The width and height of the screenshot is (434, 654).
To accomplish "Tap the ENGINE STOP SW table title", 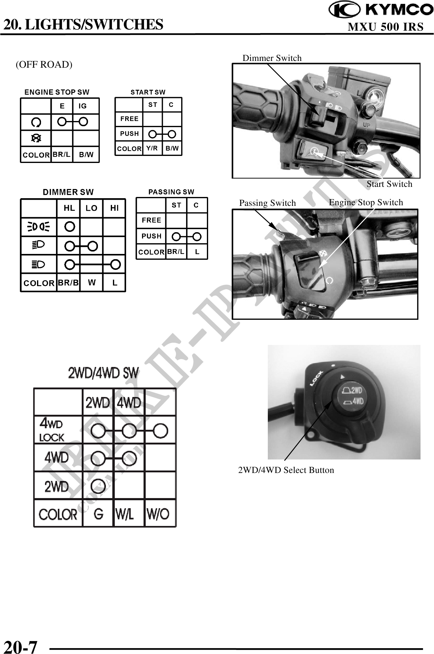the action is pyautogui.click(x=57, y=92).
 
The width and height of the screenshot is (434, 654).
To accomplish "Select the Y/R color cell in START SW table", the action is pyautogui.click(x=152, y=148).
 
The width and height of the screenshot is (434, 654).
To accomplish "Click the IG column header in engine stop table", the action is pyautogui.click(x=83, y=106).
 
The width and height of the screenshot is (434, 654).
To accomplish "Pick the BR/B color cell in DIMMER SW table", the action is pyautogui.click(x=68, y=283).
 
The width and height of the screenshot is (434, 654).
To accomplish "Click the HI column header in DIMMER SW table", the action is pyautogui.click(x=114, y=208).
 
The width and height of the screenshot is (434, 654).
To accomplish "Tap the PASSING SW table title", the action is pyautogui.click(x=171, y=192).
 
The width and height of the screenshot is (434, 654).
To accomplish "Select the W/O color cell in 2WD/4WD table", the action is pyautogui.click(x=158, y=514).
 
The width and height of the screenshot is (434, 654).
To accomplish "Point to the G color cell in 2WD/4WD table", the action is pyautogui.click(x=98, y=514).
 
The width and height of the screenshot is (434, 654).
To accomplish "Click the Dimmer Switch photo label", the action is pyautogui.click(x=272, y=58).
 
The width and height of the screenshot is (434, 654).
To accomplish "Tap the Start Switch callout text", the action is pyautogui.click(x=389, y=184).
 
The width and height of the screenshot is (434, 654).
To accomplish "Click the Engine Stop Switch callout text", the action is pyautogui.click(x=366, y=202).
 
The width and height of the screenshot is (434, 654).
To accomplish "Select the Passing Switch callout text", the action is pyautogui.click(x=267, y=203).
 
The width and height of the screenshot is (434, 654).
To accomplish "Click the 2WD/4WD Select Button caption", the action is pyautogui.click(x=286, y=470).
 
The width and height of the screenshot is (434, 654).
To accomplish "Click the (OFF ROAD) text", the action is pyautogui.click(x=44, y=65).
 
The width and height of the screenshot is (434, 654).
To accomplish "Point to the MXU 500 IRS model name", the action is pyautogui.click(x=386, y=27).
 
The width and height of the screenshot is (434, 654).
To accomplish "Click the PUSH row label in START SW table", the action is pyautogui.click(x=129, y=134).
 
